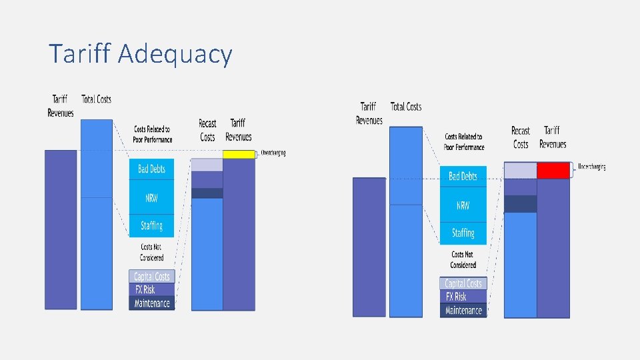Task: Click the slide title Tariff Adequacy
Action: tap(140, 54)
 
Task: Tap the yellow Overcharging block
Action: tap(239, 155)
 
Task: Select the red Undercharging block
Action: tap(553, 171)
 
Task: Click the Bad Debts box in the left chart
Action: tap(151, 169)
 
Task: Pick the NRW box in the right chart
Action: tap(463, 205)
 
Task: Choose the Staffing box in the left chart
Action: tap(151, 225)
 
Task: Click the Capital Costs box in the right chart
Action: tap(463, 283)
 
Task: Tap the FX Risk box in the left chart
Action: tap(151, 290)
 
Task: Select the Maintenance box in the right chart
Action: tap(463, 311)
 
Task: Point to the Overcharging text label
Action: tap(273, 153)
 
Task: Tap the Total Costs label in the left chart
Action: tap(97, 99)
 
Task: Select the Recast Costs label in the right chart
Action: tap(521, 137)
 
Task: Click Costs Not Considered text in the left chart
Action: tap(151, 252)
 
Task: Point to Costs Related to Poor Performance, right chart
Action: tap(464, 142)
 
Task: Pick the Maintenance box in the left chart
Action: tap(151, 303)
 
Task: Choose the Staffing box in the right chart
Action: tap(463, 233)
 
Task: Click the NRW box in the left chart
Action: tap(151, 198)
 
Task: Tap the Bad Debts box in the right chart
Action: tap(463, 177)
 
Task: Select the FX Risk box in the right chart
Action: tap(463, 297)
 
